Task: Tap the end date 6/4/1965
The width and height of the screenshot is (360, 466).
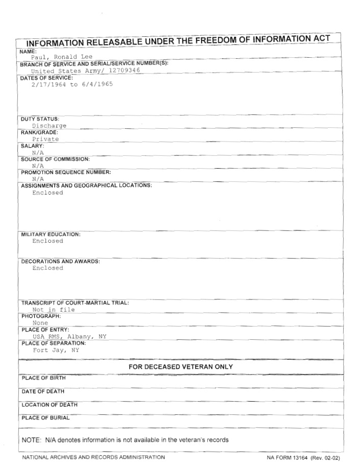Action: pos(97,84)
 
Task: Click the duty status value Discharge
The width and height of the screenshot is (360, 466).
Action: pos(49,125)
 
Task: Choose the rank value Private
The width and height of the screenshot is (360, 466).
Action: pos(45,138)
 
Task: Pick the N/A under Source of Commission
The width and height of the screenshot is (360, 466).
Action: pos(38,166)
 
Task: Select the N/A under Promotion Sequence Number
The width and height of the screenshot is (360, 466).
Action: pos(38,179)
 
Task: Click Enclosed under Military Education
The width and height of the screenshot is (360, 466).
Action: pos(47,241)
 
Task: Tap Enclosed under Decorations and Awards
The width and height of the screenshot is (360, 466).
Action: pos(47,268)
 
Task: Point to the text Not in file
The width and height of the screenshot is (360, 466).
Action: pos(53,309)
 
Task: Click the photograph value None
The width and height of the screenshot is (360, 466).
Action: pos(40,323)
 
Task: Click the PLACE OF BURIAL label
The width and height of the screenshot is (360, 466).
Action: pos(45,418)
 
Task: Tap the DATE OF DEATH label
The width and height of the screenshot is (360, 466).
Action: pos(43,391)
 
